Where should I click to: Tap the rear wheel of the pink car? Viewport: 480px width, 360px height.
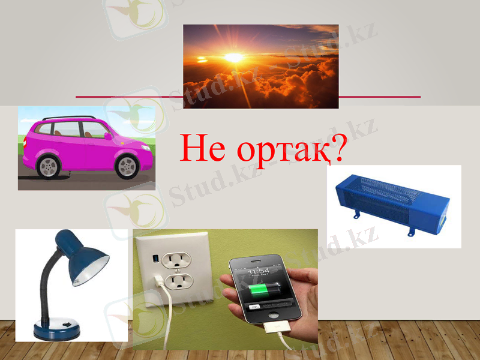coord(48,166)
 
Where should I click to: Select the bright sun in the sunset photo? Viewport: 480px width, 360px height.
coord(235,58)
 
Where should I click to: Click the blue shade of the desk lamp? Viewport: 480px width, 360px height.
coord(84,259)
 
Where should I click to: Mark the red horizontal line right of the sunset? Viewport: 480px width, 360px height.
coord(379,97)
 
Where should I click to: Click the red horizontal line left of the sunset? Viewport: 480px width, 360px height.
coord(129,97)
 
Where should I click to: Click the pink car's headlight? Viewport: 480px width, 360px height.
coord(146,146)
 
